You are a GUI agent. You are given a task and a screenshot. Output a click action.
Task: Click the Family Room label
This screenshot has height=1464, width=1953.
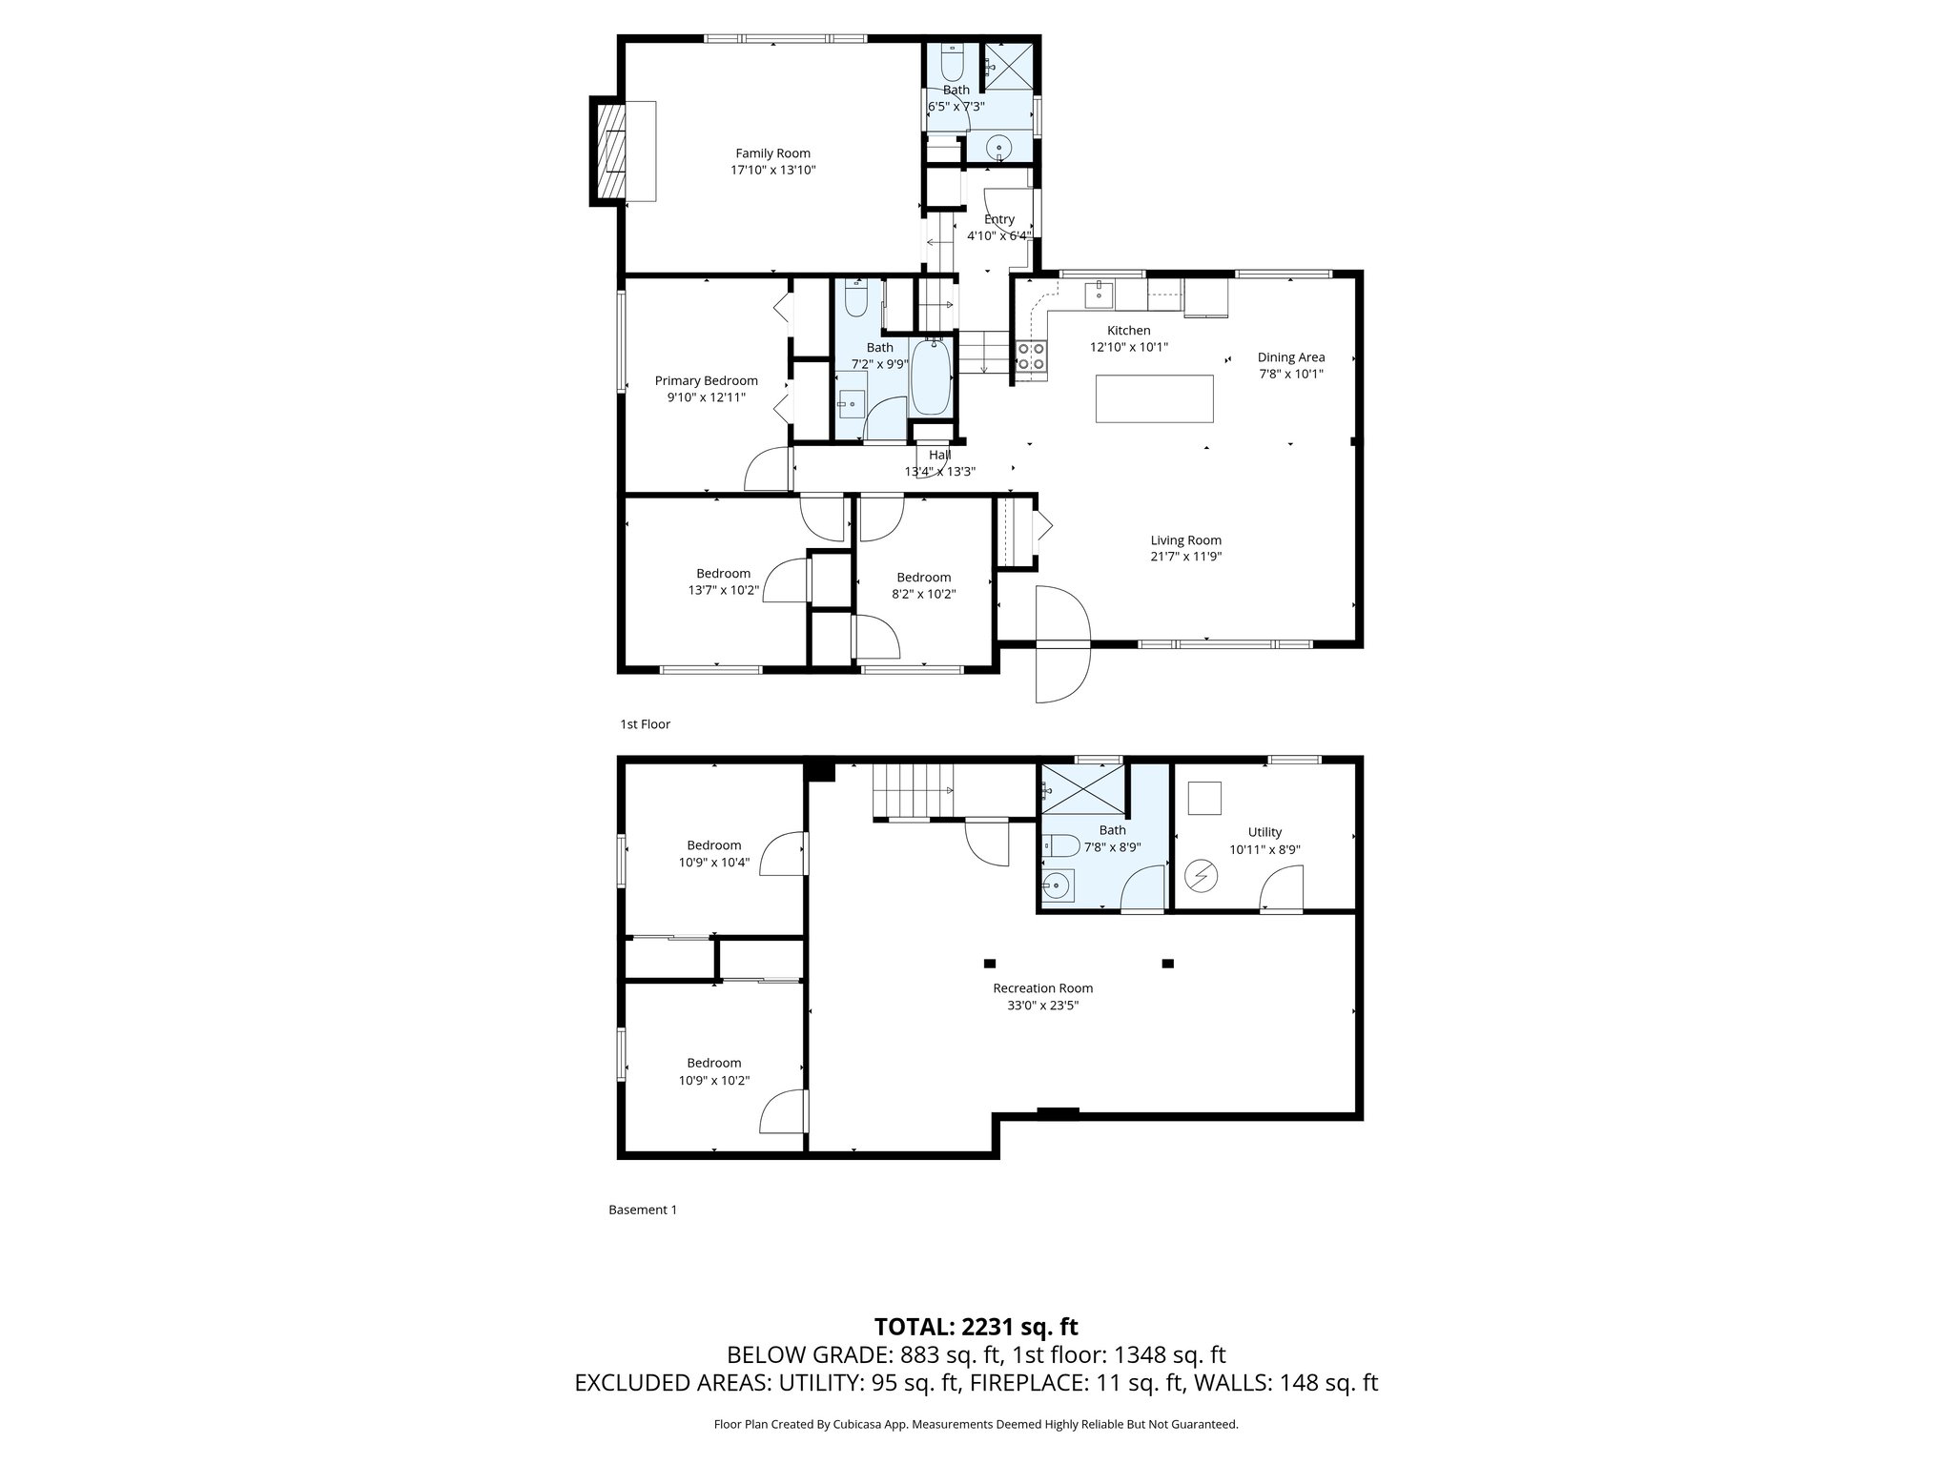point(772,153)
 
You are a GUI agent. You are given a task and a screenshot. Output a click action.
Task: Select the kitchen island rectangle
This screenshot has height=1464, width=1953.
point(1154,398)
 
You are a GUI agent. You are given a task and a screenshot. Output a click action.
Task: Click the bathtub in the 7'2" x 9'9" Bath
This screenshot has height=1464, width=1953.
point(931,379)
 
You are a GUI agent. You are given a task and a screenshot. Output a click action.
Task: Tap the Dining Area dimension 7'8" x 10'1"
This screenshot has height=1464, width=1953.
point(1290,375)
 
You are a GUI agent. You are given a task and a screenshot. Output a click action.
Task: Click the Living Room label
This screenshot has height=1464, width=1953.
point(1185,540)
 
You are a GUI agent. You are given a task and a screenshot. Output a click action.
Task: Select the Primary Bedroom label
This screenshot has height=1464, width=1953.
point(706,381)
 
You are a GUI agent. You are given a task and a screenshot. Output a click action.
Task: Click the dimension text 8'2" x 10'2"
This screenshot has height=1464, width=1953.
point(923,594)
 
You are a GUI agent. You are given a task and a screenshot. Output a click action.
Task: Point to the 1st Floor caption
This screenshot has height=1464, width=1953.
point(645,724)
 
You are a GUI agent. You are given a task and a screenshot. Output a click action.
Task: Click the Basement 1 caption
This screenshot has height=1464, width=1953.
point(643,1210)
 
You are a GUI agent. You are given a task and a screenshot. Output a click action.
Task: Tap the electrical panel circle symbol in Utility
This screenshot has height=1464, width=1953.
point(1200,875)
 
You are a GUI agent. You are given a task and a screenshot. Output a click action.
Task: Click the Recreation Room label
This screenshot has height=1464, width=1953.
point(1042,988)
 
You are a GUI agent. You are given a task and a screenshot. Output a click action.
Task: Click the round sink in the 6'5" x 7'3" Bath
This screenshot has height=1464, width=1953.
point(998,148)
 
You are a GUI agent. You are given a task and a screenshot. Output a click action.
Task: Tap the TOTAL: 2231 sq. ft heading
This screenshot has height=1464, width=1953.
point(976,1327)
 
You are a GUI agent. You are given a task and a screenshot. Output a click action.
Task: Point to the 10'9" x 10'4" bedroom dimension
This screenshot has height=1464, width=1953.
point(713,863)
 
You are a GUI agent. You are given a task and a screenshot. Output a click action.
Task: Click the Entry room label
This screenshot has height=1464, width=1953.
point(998,219)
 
